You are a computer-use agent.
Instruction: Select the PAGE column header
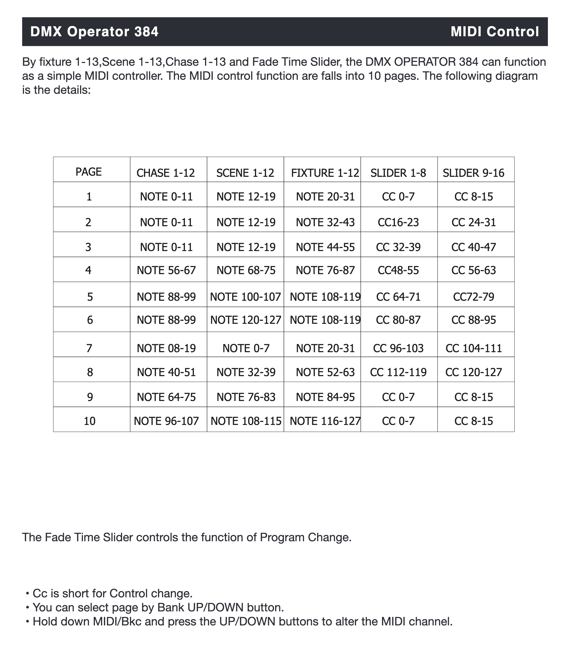[89, 172]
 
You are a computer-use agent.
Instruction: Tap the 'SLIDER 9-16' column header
[473, 173]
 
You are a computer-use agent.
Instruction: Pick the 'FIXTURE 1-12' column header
[325, 173]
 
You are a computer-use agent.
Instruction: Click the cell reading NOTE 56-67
[166, 270]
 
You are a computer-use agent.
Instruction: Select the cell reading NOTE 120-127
[246, 320]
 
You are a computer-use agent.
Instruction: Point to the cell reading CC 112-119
[398, 372]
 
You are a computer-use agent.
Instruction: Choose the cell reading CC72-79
[473, 297]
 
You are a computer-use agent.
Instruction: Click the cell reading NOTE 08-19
[166, 348]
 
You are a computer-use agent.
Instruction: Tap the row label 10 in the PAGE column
[90, 421]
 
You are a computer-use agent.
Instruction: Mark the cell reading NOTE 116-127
[325, 421]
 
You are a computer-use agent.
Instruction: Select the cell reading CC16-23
[398, 222]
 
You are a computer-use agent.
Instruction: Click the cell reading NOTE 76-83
[246, 397]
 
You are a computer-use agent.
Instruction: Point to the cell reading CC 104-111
[473, 348]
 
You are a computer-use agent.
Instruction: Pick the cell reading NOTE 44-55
[325, 247]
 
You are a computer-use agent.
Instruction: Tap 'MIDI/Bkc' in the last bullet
[119, 622]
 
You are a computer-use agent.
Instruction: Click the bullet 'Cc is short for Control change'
[112, 594]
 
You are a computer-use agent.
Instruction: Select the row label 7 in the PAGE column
[89, 348]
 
